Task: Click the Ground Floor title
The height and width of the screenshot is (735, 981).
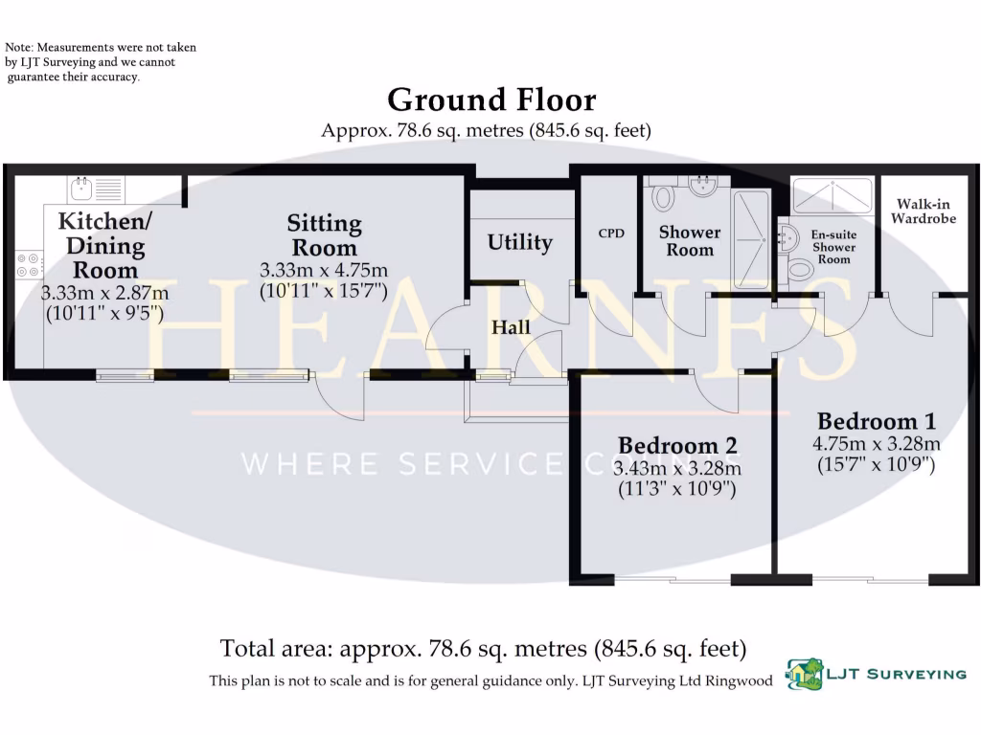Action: click(x=490, y=100)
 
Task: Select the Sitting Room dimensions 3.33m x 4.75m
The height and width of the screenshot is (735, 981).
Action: click(x=324, y=271)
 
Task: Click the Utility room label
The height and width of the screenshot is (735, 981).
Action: click(x=519, y=243)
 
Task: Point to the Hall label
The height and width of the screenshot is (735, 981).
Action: click(x=511, y=328)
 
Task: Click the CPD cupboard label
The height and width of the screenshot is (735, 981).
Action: click(x=610, y=233)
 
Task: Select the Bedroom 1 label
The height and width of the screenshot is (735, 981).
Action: click(x=876, y=421)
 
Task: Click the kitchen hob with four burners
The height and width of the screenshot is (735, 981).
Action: click(x=29, y=265)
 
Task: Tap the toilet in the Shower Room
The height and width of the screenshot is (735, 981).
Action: click(x=663, y=197)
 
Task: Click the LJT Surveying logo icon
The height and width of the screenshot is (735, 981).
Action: click(x=805, y=675)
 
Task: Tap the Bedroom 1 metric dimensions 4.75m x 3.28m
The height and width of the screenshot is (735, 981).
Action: click(x=876, y=444)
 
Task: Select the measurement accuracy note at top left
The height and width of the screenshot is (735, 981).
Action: click(x=91, y=61)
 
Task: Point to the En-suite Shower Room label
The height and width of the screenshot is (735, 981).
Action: click(x=833, y=246)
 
